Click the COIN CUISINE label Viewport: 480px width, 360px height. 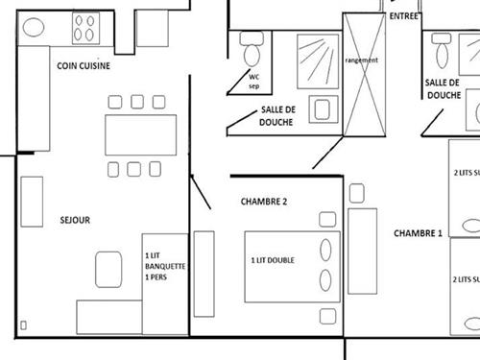(x=84, y=65)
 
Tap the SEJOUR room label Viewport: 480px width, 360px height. (x=74, y=220)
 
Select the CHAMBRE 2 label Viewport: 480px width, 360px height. (x=264, y=202)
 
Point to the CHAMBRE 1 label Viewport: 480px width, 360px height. (x=418, y=233)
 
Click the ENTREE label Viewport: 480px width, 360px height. (x=404, y=16)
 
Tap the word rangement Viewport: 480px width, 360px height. (x=360, y=60)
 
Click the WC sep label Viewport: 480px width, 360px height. (x=253, y=80)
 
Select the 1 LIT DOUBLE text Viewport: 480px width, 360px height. (x=272, y=260)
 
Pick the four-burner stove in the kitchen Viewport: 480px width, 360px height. (x=84, y=30)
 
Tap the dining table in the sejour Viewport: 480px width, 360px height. (x=140, y=133)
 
